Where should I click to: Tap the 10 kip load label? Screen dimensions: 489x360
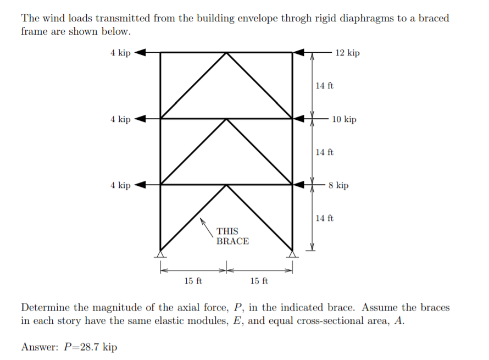(344, 119)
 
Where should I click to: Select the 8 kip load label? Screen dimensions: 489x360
(338, 185)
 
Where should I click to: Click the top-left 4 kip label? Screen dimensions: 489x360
(120, 53)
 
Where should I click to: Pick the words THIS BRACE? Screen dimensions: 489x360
(232, 236)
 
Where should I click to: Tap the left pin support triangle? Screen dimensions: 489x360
(160, 254)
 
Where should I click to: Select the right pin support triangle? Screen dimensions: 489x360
(292, 254)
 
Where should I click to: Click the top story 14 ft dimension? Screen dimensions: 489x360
(324, 86)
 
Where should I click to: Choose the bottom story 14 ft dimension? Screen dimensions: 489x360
(324, 218)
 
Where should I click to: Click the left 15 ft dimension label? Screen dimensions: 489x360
(193, 281)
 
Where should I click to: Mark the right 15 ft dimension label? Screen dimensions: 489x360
(259, 281)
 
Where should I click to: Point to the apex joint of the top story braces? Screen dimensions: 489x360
(226, 53)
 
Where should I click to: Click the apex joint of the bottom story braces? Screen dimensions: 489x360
(226, 185)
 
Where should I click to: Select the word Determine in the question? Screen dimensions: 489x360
(46, 307)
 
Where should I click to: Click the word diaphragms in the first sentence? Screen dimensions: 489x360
(365, 18)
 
